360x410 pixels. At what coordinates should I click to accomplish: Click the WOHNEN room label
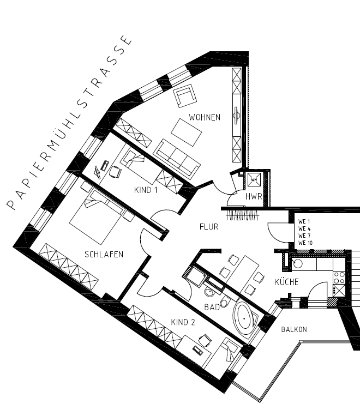pos(205,117)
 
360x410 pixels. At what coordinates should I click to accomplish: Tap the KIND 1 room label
pos(146,190)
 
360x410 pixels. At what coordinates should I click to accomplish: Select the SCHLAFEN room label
pos(104,254)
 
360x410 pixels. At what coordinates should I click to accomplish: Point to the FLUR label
pos(208,227)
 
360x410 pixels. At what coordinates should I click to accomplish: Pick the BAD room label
pos(212,307)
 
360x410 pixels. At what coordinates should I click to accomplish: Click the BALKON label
pos(294,330)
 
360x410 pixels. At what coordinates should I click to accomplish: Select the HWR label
pos(254,196)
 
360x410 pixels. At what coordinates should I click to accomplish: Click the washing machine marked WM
pos(254,178)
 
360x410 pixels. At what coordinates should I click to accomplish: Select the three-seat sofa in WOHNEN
pos(176,158)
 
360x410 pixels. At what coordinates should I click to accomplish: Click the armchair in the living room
pos(185,96)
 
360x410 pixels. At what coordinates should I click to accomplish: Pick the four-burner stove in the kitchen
pos(339,278)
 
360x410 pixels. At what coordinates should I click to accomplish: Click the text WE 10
pos(306,243)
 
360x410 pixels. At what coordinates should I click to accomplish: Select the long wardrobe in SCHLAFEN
pos(69,265)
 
